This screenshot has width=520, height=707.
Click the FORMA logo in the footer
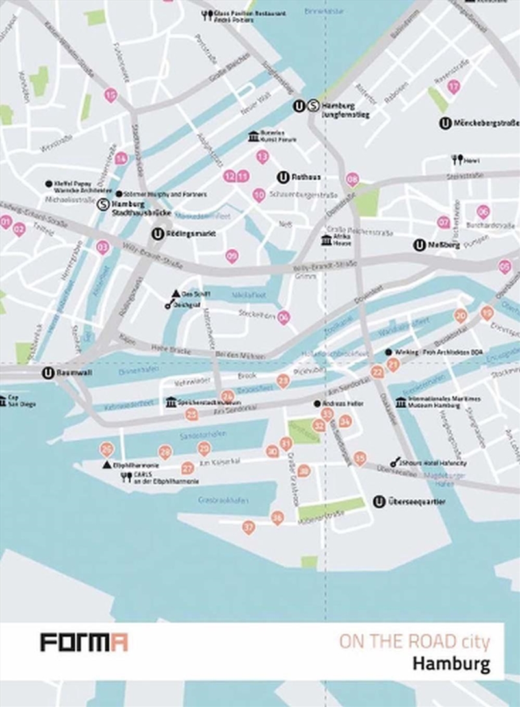pos(84,643)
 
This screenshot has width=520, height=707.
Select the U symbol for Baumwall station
pos(47,373)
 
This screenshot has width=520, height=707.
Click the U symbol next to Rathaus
pos(283,177)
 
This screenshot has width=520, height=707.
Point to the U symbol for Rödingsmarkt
pos(157,234)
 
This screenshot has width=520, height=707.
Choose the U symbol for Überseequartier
pos(379,501)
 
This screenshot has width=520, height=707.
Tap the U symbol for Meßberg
pos(419,245)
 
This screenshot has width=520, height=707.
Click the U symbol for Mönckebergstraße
pos(445,123)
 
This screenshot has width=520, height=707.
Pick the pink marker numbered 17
pos(454,86)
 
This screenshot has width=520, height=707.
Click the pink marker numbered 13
pos(263,156)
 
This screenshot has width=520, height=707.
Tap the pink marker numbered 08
pos(352,179)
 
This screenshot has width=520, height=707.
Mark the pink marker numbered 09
pos(232,256)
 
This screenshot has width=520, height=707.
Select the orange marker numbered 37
pos(248,527)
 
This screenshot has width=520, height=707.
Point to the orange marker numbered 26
pos(107,449)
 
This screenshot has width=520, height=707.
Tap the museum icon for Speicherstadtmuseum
pos(171,402)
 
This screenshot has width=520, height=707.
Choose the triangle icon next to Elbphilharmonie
pos(107,465)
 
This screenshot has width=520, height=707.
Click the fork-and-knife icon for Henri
pos(457,159)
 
